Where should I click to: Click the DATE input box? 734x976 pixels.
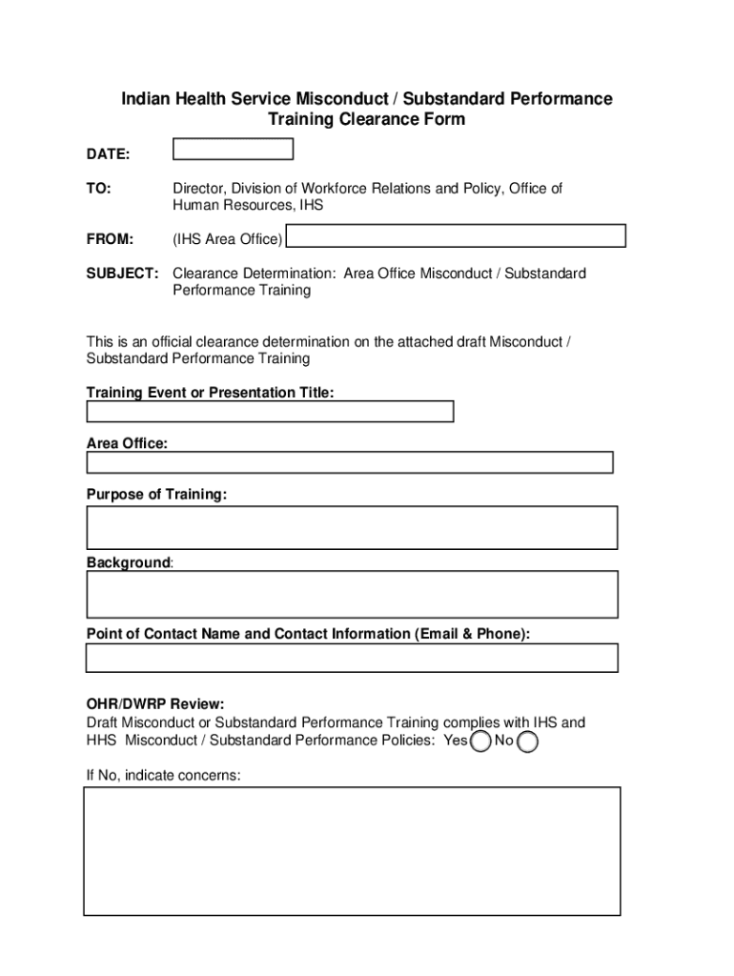(233, 149)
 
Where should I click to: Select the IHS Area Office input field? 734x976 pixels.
(456, 236)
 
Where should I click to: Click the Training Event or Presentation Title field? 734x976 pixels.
(270, 412)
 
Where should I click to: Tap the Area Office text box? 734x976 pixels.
(349, 462)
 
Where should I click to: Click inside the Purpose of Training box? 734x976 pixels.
(352, 527)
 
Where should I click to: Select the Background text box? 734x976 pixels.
(352, 594)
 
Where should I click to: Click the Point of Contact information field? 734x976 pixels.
(352, 658)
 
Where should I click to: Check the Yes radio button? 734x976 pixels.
(482, 742)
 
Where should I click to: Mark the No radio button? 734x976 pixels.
(527, 742)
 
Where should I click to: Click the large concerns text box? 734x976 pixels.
(352, 851)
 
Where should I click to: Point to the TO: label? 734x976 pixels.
(98, 189)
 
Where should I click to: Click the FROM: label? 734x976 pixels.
(110, 238)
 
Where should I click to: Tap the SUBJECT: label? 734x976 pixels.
(122, 274)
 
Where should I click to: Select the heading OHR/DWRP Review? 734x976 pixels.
(155, 704)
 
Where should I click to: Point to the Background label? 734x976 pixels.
(129, 562)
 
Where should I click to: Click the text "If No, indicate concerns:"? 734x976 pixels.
(164, 776)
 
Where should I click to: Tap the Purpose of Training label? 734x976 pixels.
(156, 494)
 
